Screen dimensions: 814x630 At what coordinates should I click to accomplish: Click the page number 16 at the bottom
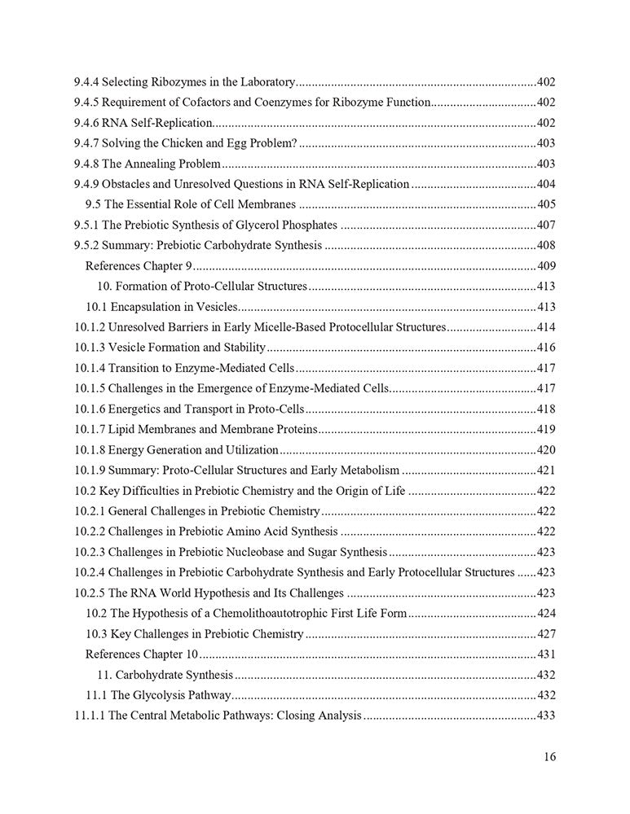tap(549, 757)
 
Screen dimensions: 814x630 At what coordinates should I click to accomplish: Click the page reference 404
tap(546, 184)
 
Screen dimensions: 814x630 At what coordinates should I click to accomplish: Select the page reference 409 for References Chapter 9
tap(546, 265)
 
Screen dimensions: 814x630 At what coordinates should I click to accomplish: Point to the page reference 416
tap(546, 348)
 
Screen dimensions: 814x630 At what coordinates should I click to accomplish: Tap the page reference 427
tap(546, 633)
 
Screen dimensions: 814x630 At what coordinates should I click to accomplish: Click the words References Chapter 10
tap(142, 654)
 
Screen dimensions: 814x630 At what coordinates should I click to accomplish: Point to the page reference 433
tap(546, 716)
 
